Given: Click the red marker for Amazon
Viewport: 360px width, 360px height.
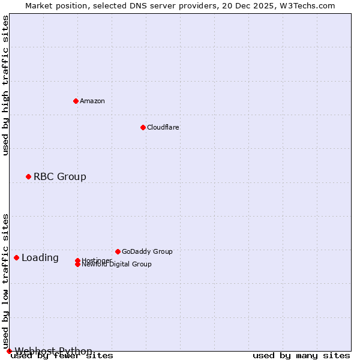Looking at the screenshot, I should coord(76,101).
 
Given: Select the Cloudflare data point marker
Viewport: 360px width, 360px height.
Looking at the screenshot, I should coord(143,127).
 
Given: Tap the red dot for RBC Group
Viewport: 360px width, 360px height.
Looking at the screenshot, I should coord(28,176).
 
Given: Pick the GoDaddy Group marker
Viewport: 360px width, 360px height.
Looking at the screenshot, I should coord(118,251).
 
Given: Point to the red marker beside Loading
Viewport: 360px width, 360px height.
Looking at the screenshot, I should coord(16,257).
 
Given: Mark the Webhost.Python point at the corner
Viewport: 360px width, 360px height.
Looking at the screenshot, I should coord(9,351).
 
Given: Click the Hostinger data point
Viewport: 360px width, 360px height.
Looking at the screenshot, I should coord(77,260).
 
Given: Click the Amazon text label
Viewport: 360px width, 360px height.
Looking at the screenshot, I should coord(92,101).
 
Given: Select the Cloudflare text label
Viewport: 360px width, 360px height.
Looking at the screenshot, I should coord(163,127).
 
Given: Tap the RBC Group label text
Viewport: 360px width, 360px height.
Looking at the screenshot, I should coord(60,176).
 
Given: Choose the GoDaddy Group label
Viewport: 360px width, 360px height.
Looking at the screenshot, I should coord(147,251).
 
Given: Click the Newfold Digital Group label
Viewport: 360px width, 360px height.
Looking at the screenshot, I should coord(116,265).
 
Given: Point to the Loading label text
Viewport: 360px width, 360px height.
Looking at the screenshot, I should coord(40,258).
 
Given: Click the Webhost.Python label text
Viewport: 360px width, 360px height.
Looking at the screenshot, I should coord(53,351).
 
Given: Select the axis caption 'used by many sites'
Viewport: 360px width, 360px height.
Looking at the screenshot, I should coord(301,356).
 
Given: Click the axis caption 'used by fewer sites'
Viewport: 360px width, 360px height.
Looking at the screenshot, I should coord(62,356).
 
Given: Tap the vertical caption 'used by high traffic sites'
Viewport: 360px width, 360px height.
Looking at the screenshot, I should coord(6,85).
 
